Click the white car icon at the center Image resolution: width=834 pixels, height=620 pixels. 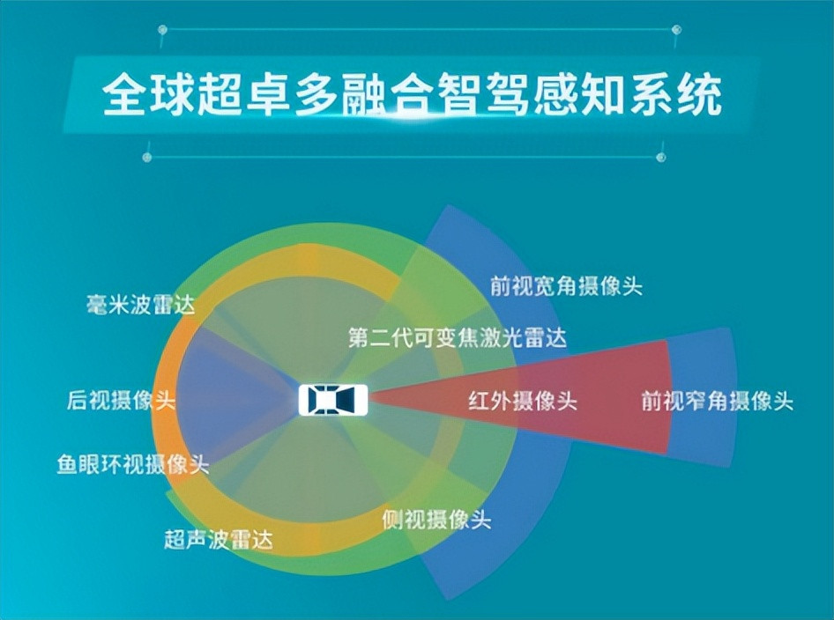coord(333,400)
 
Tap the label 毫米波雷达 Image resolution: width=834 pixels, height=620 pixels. coord(141,305)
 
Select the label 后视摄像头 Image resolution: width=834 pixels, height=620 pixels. coord(122,400)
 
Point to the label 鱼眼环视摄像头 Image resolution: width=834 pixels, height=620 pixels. coord(133,464)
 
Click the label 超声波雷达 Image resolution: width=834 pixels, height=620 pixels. coord(219,540)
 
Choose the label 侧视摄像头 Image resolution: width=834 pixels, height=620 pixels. coord(436,519)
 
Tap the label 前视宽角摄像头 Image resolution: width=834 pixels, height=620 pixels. coord(567,286)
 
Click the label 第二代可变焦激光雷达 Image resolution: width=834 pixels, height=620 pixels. coord(458,337)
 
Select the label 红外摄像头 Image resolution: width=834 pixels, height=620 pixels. coord(523,400)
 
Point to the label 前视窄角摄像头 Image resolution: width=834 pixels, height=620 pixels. coord(717,400)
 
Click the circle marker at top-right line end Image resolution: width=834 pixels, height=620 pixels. coord(676,30)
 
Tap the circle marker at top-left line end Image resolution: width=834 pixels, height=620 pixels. coord(163,30)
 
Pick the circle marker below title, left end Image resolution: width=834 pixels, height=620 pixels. coord(147,158)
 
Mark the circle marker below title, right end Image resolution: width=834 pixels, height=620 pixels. coord(661,158)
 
